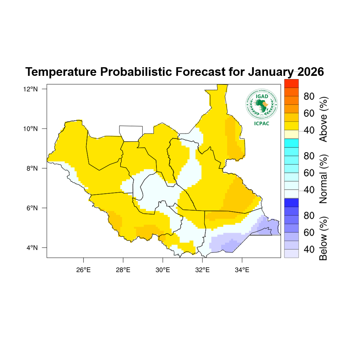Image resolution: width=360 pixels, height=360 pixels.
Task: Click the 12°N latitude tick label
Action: (30, 89)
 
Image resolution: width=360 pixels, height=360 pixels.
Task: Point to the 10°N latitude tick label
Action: (30, 129)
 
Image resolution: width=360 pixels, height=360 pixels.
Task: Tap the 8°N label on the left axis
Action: (32, 168)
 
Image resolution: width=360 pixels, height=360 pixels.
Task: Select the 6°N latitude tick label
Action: (32, 208)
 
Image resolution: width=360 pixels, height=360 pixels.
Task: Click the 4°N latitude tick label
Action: (32, 248)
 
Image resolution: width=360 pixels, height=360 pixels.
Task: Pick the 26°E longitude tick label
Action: (83, 270)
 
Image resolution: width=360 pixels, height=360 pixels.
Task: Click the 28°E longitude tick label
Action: (123, 270)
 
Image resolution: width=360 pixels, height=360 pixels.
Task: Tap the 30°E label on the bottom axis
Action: (163, 270)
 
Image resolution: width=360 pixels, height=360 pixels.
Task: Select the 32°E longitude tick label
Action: (202, 270)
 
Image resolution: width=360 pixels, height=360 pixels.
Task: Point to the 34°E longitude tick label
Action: (242, 270)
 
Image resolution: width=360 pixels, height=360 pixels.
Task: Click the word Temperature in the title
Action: (61, 72)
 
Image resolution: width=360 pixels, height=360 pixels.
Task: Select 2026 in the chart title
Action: (310, 72)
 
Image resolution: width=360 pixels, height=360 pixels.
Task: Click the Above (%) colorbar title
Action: (323, 119)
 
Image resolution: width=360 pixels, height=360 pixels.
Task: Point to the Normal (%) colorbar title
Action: (323, 179)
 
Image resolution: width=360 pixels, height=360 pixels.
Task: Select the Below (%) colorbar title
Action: (323, 238)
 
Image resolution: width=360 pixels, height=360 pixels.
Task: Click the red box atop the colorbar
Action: (291, 83)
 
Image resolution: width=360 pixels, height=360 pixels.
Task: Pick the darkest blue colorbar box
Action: (291, 203)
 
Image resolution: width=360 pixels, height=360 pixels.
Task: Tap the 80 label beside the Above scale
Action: (309, 96)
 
